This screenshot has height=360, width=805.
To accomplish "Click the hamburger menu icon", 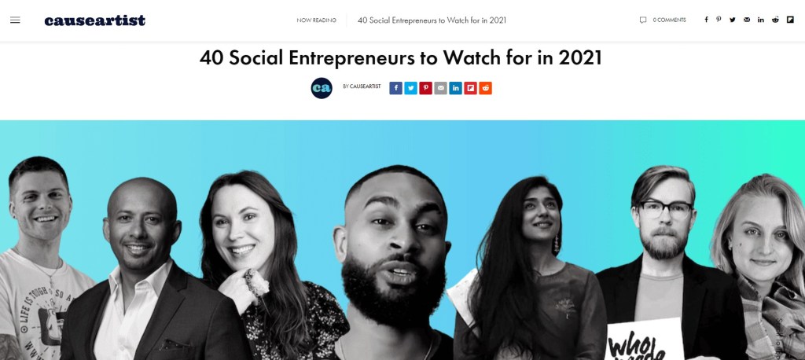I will (15, 20).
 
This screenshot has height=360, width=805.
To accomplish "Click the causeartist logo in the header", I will (94, 20).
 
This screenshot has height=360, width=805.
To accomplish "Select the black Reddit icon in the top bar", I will (775, 20).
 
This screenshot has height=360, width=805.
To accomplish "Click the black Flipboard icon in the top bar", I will (789, 20).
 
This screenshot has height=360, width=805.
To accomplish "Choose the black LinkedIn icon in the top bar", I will (761, 20).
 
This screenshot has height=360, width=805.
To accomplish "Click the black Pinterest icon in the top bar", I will (719, 20).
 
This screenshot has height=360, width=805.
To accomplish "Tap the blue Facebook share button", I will (396, 88).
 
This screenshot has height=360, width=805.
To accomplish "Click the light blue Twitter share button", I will (411, 88).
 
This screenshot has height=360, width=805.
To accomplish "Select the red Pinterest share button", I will (425, 88).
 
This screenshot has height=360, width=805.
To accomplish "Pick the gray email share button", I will (440, 88).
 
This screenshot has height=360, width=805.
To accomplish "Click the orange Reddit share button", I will (485, 88).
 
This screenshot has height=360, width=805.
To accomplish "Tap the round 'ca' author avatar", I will (322, 88).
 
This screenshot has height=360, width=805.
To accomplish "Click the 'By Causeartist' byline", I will (362, 86).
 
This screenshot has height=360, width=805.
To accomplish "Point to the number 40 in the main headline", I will (211, 58).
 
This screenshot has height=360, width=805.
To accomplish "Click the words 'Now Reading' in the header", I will (316, 20).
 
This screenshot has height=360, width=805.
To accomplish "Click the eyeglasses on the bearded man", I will (665, 209).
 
